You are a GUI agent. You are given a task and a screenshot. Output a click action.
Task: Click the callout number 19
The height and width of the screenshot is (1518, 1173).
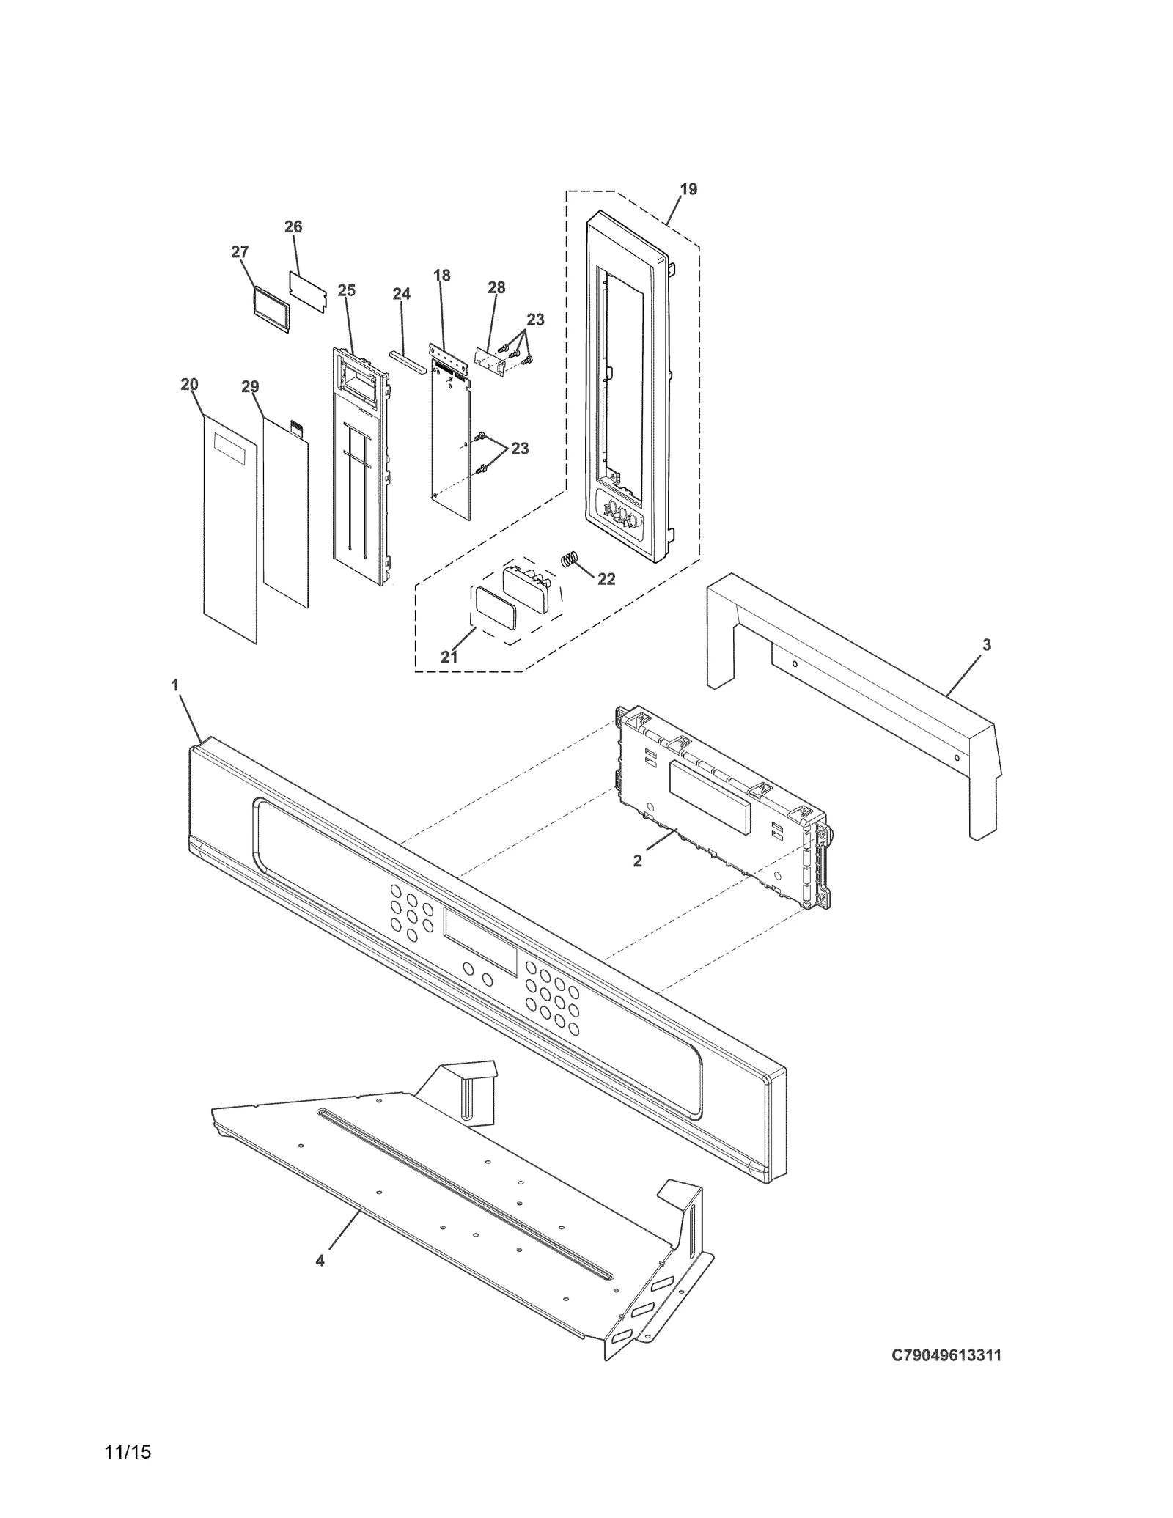click(x=688, y=189)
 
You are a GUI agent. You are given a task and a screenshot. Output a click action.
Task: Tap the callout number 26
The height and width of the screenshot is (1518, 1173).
click(x=293, y=227)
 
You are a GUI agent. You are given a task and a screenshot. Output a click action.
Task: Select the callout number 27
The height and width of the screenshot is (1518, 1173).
click(x=240, y=252)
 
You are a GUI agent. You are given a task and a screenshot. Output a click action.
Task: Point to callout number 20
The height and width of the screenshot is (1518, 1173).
click(x=189, y=385)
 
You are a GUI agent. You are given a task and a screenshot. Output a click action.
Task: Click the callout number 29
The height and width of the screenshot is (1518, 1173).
click(x=250, y=387)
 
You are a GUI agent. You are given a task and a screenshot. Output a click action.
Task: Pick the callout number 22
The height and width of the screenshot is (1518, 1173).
click(x=606, y=579)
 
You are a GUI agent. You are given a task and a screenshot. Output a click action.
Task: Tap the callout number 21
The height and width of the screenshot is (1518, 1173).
click(x=449, y=657)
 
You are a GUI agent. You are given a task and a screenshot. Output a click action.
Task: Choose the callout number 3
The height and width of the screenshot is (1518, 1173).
click(x=987, y=645)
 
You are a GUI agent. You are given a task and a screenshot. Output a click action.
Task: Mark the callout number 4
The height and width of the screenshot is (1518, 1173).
click(x=320, y=1261)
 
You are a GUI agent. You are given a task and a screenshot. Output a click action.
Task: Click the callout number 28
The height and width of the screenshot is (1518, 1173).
click(x=496, y=287)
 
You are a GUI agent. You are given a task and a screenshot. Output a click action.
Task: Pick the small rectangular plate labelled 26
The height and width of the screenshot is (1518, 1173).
click(x=307, y=292)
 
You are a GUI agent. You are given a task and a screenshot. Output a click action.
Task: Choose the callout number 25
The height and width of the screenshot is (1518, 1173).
click(x=347, y=291)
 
